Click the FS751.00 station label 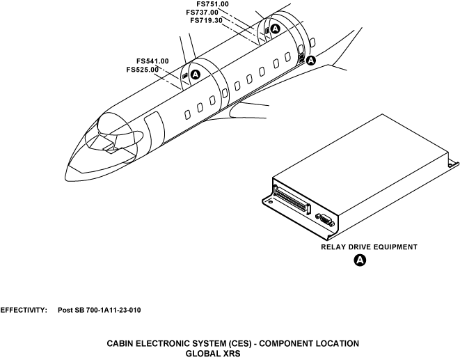212,4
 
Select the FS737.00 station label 203,12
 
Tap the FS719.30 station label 206,20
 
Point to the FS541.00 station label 152,61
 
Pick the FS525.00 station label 143,69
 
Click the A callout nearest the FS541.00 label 196,74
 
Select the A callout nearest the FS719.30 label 275,29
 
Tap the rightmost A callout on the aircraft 311,61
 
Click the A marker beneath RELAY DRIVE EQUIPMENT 360,260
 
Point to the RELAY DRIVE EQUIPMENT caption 368,246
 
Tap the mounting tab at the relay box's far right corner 452,164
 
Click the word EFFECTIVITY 24,309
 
